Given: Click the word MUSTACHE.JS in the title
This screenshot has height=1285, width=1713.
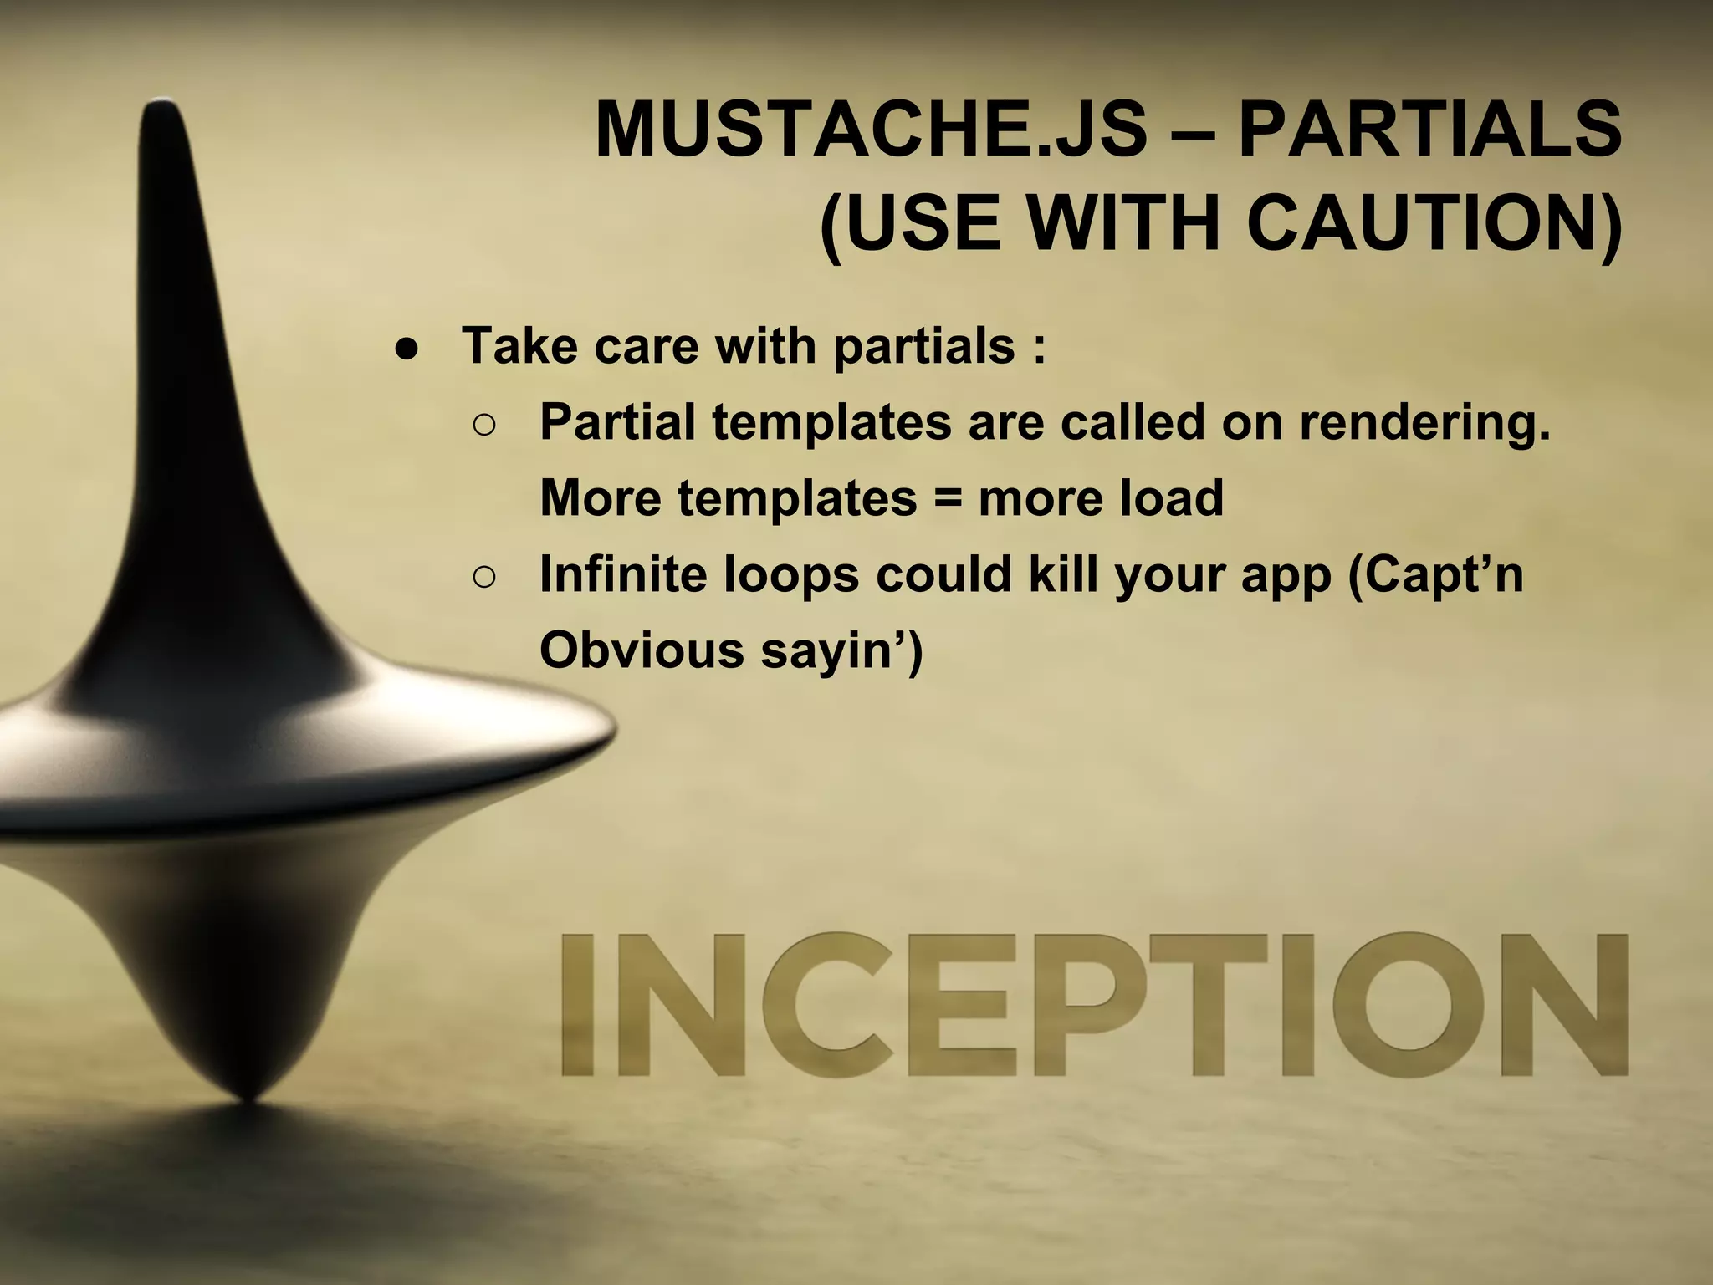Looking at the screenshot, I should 871,130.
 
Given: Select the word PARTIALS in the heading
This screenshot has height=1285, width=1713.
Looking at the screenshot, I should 1429,130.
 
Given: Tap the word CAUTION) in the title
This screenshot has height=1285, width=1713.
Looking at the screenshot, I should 1434,224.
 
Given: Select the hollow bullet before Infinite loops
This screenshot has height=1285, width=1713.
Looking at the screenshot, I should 484,577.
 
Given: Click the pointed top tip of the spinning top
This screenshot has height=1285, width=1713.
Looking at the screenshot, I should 161,107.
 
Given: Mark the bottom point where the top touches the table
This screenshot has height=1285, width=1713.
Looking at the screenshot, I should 248,1099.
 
